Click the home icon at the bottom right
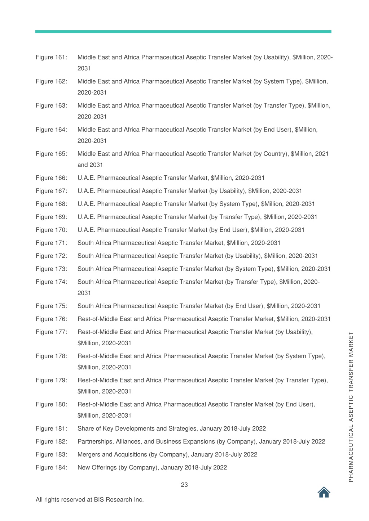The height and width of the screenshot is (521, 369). coord(324,492)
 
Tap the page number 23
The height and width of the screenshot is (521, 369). coord(184,485)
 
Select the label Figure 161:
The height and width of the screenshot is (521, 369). coord(51,57)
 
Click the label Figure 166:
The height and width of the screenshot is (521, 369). coord(51,178)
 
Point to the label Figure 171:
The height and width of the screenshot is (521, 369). coord(51,243)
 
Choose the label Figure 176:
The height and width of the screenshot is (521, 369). coord(51,319)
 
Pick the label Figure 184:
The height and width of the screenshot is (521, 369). coord(51,467)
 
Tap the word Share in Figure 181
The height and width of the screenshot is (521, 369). coord(85,428)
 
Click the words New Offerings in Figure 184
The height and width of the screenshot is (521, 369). coord(97,467)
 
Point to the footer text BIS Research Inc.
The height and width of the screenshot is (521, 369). coord(119,499)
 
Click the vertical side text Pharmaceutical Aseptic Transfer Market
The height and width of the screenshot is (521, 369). coord(351,407)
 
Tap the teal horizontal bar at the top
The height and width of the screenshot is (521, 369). coord(183,32)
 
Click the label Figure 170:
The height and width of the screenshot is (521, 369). coord(51,230)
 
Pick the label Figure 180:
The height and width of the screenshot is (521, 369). coord(51,404)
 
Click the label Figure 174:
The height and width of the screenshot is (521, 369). coord(51,282)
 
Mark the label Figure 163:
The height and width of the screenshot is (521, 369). coord(51,105)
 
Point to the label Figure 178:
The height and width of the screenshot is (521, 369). coord(51,356)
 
